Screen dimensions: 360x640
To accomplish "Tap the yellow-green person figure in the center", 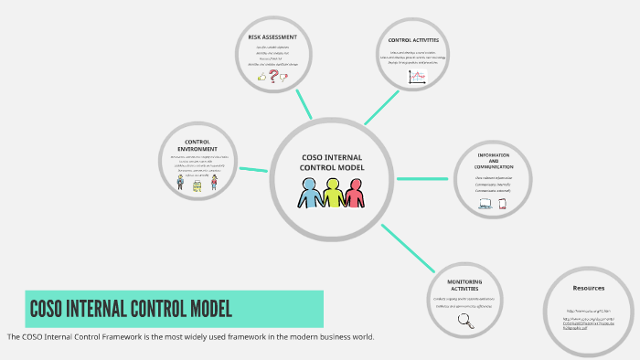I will (x=333, y=193).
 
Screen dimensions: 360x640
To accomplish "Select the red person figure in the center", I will (x=354, y=193).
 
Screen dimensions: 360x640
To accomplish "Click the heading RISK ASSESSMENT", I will (x=272, y=37).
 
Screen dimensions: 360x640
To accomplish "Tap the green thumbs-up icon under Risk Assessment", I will (x=261, y=79).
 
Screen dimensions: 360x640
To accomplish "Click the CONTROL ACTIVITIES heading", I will (x=413, y=40).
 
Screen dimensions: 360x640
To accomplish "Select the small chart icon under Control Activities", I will (x=417, y=78).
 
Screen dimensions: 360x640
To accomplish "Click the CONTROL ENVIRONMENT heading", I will (x=198, y=144).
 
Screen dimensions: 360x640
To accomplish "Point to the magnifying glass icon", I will (x=464, y=320).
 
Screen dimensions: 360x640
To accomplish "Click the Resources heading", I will (x=589, y=287).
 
